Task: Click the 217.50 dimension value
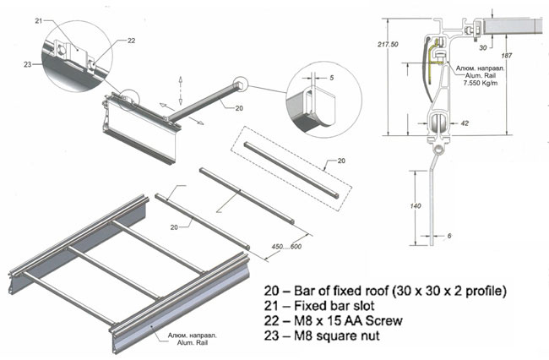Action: click(388, 45)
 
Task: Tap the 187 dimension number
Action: click(507, 55)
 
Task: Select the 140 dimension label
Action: click(416, 206)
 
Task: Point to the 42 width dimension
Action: click(465, 123)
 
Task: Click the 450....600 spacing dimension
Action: click(286, 247)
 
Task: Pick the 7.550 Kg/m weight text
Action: click(480, 83)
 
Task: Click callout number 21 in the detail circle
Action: click(39, 21)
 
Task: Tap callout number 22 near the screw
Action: click(131, 41)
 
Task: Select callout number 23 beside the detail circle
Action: click(28, 64)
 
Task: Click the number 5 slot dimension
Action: click(332, 78)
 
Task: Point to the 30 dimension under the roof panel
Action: click(483, 47)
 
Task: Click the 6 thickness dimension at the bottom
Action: click(449, 236)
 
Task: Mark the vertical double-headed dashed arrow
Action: click(180, 90)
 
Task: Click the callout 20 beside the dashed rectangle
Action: click(341, 161)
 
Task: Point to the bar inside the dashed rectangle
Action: click(291, 170)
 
